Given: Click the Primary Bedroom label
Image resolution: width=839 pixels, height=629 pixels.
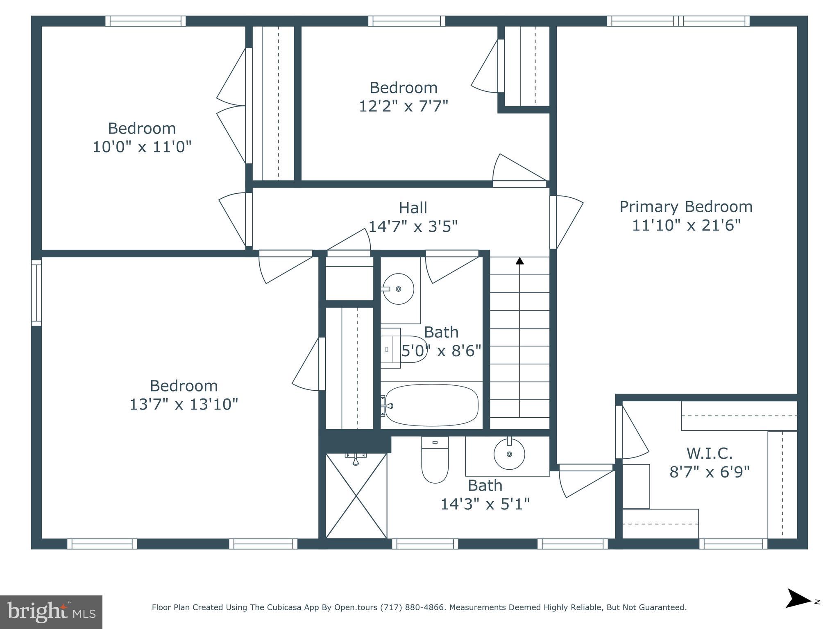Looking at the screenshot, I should click(x=686, y=207).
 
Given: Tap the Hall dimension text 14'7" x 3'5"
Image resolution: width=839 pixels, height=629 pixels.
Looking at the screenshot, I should click(x=413, y=226).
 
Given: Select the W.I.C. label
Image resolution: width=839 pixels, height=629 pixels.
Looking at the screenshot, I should click(x=709, y=453).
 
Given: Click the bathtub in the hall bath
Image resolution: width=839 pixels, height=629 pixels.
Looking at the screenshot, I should click(x=431, y=405).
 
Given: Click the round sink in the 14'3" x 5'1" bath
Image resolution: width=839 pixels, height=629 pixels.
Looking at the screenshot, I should click(x=509, y=454).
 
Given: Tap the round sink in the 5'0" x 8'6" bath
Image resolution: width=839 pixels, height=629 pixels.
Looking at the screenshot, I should click(x=398, y=289).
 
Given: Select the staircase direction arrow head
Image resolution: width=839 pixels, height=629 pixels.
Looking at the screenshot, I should click(x=519, y=260).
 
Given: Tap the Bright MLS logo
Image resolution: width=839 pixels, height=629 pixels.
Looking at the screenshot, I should click(x=51, y=612).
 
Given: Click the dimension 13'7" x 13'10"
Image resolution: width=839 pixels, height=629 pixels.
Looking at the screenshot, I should click(x=184, y=405).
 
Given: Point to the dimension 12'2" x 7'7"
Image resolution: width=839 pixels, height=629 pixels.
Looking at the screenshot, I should click(x=404, y=106).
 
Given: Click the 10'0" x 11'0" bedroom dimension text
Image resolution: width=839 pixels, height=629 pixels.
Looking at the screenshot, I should click(x=142, y=147).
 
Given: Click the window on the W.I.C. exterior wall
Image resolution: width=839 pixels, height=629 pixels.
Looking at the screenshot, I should click(x=733, y=544).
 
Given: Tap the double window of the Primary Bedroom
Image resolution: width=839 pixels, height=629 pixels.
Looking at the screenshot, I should click(x=678, y=21).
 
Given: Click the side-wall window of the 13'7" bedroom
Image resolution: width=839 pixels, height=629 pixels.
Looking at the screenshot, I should click(x=36, y=293).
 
